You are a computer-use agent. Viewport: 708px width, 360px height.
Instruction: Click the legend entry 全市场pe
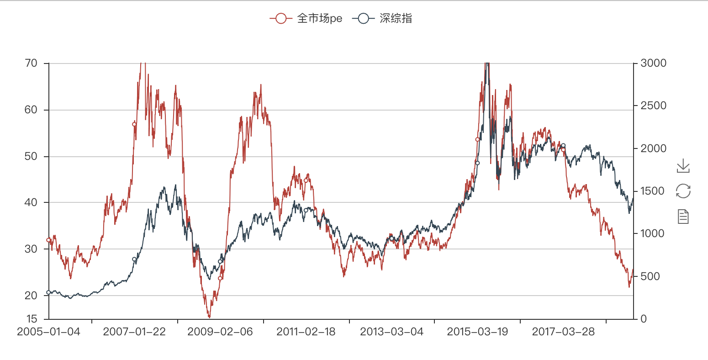(x=306, y=18)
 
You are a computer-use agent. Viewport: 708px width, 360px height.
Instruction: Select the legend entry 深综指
(x=383, y=18)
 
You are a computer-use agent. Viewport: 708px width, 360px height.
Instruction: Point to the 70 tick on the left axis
(x=31, y=63)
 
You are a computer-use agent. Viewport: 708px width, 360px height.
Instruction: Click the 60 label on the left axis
(x=31, y=110)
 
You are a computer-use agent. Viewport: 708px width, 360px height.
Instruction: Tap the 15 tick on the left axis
(x=31, y=318)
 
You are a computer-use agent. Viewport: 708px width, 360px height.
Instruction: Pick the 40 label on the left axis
(x=31, y=202)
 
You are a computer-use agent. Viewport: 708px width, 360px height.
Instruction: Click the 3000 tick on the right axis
(x=653, y=63)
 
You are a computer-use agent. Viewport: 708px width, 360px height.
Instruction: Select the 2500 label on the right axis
(x=653, y=106)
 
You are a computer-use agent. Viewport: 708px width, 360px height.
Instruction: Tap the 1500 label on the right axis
(x=653, y=191)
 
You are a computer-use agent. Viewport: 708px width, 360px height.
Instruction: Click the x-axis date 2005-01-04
(x=48, y=332)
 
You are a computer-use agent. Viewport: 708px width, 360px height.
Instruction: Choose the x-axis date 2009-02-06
(x=220, y=332)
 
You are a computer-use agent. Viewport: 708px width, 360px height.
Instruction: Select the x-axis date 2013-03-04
(x=392, y=332)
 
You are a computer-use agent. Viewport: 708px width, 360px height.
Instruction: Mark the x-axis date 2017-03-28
(x=563, y=332)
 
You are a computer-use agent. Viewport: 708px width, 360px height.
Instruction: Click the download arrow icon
(x=683, y=166)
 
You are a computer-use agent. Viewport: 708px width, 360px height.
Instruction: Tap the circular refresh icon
(x=683, y=191)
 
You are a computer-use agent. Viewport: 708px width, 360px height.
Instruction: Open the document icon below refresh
(x=683, y=216)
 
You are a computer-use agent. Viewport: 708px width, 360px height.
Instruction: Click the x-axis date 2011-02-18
(x=306, y=332)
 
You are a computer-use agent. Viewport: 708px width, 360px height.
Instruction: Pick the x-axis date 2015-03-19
(x=477, y=332)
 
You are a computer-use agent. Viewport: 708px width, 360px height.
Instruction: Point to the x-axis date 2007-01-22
(x=134, y=332)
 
